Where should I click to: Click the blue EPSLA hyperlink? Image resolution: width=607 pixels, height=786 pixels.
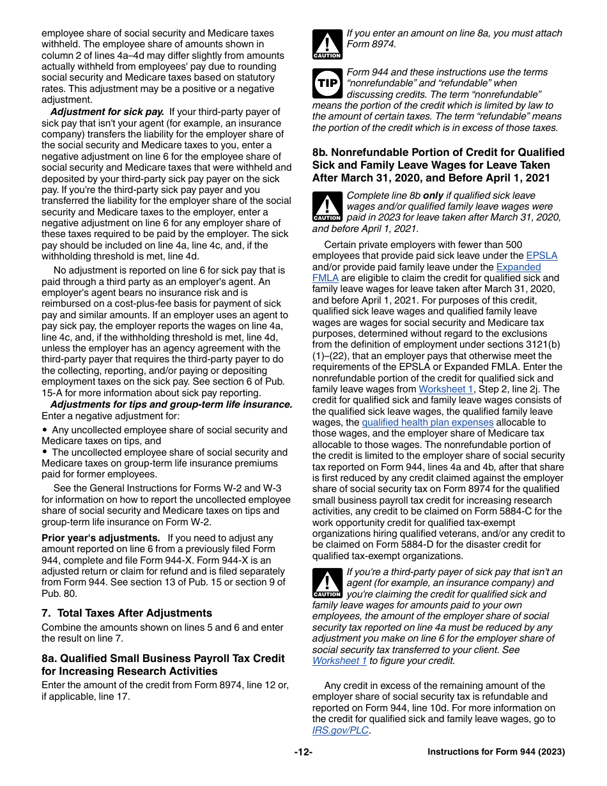pyautogui.click(x=541, y=256)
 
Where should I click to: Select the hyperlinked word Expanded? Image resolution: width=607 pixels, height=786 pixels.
pyautogui.click(x=518, y=267)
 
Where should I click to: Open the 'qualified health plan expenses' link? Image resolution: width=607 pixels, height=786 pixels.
pyautogui.click(x=427, y=422)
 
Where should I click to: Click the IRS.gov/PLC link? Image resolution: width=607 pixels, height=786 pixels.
pyautogui.click(x=340, y=730)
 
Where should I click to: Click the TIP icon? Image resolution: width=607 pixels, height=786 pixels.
pyautogui.click(x=327, y=83)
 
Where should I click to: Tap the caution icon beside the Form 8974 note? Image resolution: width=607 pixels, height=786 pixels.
pyautogui.click(x=327, y=44)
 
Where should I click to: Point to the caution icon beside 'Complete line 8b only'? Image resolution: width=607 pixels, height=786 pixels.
pyautogui.click(x=327, y=206)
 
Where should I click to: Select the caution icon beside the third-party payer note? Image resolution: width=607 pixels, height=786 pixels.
pyautogui.click(x=327, y=583)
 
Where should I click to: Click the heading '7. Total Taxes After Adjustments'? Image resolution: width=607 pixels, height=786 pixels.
pyautogui.click(x=127, y=613)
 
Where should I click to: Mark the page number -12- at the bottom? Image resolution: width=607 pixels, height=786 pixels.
pyautogui.click(x=303, y=752)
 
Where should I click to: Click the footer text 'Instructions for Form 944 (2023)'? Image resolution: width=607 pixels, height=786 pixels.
pyautogui.click(x=496, y=752)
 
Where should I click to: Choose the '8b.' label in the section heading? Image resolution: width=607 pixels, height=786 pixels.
pyautogui.click(x=320, y=152)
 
